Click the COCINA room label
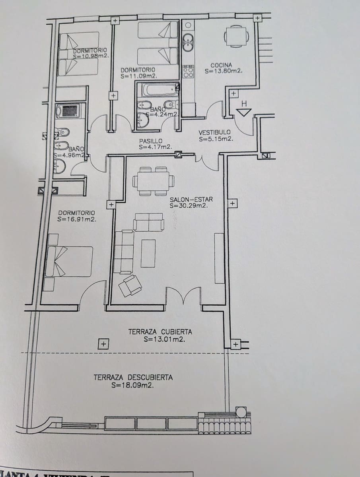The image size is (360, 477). click(x=221, y=65)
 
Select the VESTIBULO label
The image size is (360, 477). click(x=214, y=132)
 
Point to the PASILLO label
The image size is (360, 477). click(x=151, y=141)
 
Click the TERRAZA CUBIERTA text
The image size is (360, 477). click(x=160, y=332)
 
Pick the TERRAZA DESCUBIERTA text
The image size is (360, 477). click(x=133, y=377)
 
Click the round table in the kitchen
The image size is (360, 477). click(x=236, y=37)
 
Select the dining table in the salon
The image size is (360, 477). click(x=153, y=181)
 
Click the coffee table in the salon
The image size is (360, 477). click(x=148, y=253)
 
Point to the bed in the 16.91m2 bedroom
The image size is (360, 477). click(x=70, y=261)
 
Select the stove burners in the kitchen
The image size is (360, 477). click(x=188, y=72)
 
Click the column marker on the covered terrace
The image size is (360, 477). click(x=103, y=343)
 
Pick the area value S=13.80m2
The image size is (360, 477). click(x=224, y=72)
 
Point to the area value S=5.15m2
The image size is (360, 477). click(x=216, y=139)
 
